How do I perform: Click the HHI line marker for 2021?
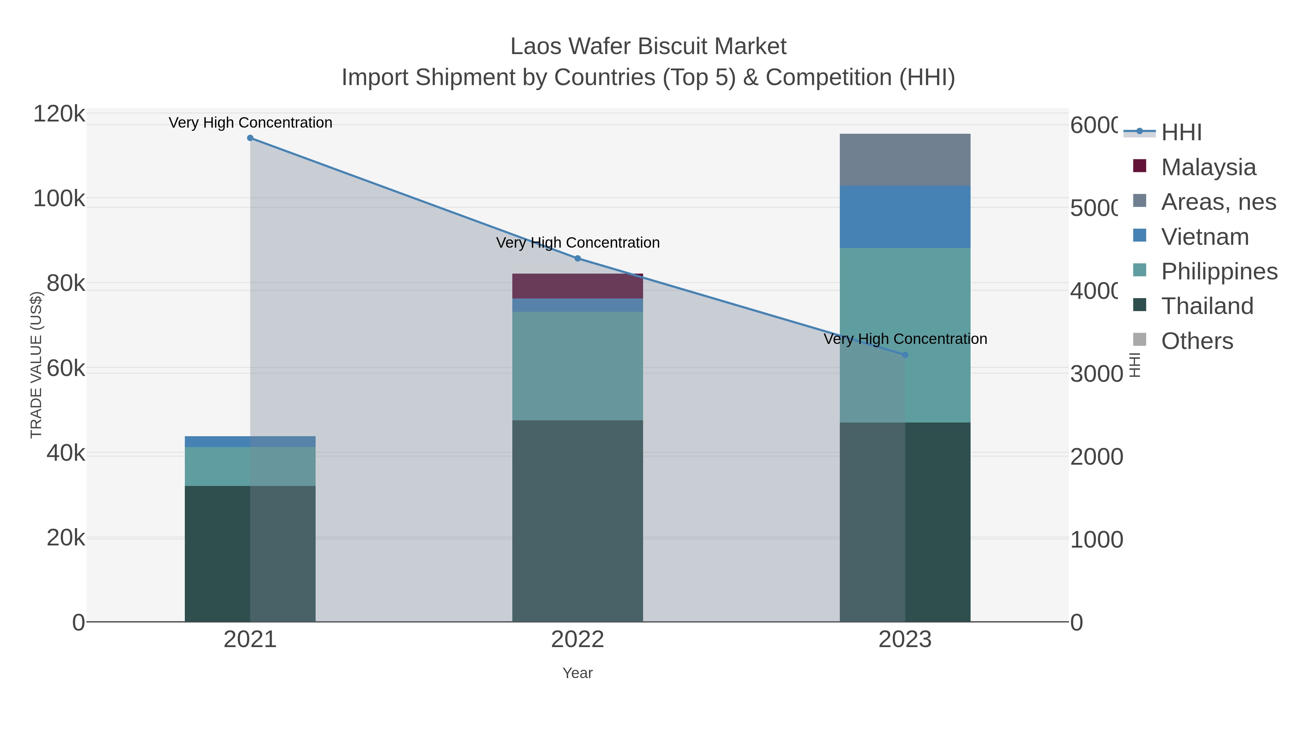250,138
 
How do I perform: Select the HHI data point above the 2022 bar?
578,258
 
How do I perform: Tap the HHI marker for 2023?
905,355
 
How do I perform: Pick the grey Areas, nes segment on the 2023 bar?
905,160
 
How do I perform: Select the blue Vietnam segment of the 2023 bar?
905,217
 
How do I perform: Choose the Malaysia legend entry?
1208,167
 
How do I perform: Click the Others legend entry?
1197,341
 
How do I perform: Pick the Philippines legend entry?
1218,271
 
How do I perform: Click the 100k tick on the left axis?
59,199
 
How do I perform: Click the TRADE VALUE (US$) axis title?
36,365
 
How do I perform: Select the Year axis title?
578,673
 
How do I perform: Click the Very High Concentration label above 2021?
250,123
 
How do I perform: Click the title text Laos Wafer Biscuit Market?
648,47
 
